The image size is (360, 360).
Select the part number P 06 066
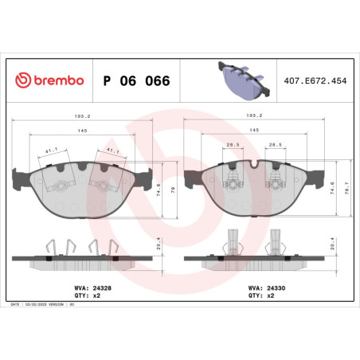tap(136, 82)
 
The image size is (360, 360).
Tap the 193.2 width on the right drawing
tap(254, 115)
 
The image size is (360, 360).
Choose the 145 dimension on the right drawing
tap(254, 130)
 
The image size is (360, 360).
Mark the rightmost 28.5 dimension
tap(275, 145)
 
